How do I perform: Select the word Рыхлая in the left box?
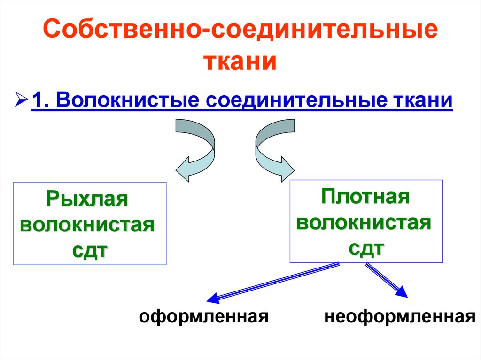coord(87,199)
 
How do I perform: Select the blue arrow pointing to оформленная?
coord(272,282)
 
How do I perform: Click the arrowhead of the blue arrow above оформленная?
coord(213,299)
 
